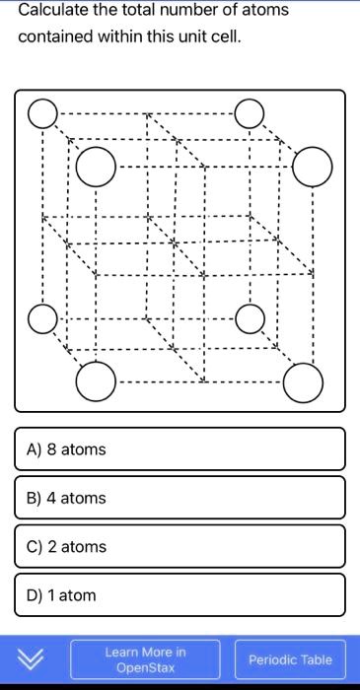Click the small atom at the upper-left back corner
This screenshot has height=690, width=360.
click(42, 114)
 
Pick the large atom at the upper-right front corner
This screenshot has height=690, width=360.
click(312, 166)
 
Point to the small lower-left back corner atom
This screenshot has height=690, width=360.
click(42, 319)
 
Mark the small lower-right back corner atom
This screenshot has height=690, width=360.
click(251, 317)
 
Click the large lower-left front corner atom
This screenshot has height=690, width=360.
click(96, 381)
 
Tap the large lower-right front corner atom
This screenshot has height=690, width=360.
click(302, 382)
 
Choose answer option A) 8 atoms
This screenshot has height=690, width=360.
click(180, 449)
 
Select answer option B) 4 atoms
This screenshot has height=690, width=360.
click(180, 498)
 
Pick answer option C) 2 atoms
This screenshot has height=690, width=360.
click(180, 546)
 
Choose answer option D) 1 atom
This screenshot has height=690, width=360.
click(180, 594)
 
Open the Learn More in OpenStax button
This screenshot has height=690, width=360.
click(145, 659)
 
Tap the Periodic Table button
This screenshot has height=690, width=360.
click(290, 659)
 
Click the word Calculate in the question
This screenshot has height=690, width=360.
click(52, 11)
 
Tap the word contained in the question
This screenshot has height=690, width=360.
click(55, 36)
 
